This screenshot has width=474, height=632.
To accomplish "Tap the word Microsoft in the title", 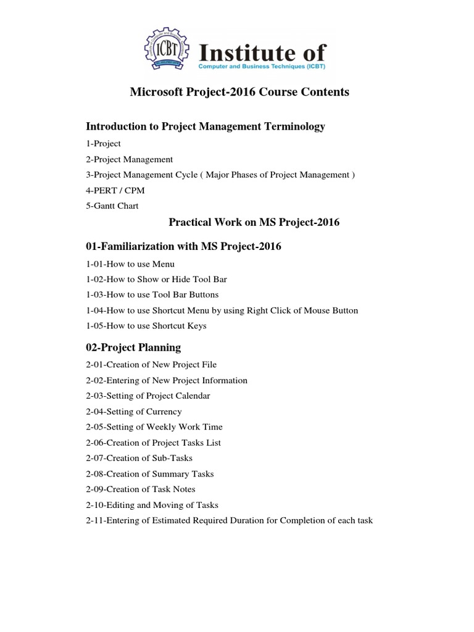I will pos(157,92).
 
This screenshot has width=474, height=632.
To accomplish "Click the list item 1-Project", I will pos(104,144).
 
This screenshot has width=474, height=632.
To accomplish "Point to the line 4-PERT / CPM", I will pos(115,191).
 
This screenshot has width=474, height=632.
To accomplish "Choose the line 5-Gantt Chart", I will pos(112,206).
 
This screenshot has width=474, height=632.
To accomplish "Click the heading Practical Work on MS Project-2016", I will pos(254,222).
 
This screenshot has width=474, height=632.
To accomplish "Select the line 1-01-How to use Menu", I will pos(131,264).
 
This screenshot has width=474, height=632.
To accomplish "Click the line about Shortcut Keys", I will pos(147,326).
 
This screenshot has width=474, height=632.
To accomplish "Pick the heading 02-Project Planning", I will pos(134,347).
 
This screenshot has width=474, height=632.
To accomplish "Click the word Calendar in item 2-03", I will pos(191,396).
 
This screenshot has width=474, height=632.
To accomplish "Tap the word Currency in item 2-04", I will pos(164,412).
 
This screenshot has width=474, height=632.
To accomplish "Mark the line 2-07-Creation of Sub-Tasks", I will pos(139,459).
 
